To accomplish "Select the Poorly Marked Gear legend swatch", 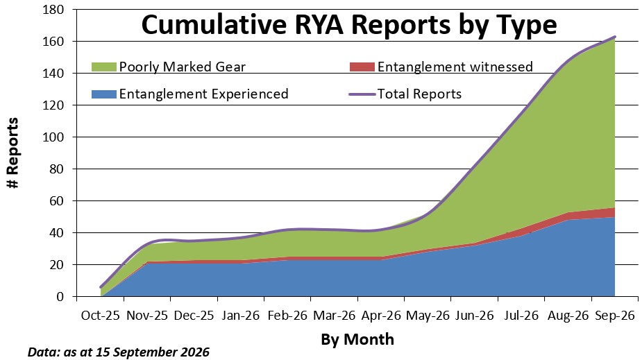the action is [x=104, y=67].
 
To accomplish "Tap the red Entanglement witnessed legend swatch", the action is [x=362, y=67].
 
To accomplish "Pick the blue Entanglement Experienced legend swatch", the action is [x=104, y=94].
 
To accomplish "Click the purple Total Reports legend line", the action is [x=362, y=94].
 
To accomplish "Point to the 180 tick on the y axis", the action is [x=53, y=10].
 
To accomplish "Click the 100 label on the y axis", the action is [x=53, y=137].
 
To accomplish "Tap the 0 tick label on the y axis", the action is [x=60, y=297].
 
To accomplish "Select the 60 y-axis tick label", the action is [x=58, y=201].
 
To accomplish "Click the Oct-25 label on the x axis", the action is [x=101, y=316].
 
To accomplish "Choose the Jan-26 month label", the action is [x=241, y=316].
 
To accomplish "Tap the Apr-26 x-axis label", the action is [x=381, y=316].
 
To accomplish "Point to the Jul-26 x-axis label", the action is [x=522, y=316].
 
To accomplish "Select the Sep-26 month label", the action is [x=615, y=316].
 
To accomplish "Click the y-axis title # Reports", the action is [x=13, y=153].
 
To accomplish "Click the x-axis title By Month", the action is [x=357, y=340].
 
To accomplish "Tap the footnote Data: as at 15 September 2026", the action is [x=118, y=352].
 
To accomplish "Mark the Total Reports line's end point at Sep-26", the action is [x=615, y=37].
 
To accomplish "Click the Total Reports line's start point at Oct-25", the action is [x=101, y=287].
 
